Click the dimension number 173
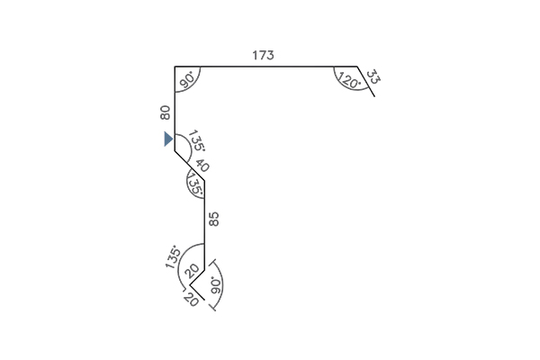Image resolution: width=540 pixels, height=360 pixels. (x=263, y=55)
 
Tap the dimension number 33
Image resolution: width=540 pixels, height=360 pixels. (x=373, y=76)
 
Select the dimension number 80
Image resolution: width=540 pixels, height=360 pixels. (x=165, y=112)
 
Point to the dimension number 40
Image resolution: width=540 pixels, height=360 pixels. (x=202, y=166)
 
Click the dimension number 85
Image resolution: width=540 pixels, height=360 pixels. (x=214, y=219)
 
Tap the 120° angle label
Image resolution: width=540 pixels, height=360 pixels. (x=350, y=80)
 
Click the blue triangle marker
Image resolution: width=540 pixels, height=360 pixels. (x=168, y=139)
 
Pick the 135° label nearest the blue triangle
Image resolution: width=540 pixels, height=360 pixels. (x=197, y=140)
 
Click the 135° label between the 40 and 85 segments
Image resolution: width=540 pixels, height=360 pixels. (x=195, y=184)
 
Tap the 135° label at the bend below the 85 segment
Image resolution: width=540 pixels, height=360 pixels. (x=173, y=256)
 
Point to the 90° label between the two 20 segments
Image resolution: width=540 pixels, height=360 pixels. (x=216, y=285)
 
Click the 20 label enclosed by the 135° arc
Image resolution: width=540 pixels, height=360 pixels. (x=193, y=271)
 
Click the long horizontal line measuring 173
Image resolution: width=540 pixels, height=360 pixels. (x=265, y=66)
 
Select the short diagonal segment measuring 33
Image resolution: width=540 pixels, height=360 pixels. (x=365, y=81)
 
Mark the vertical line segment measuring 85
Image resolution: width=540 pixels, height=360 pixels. (x=204, y=225)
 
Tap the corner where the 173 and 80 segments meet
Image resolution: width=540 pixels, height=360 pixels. (x=175, y=66)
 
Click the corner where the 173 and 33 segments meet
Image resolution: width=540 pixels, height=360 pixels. (x=357, y=66)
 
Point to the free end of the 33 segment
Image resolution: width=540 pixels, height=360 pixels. (x=374, y=96)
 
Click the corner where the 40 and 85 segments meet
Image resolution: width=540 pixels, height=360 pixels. (x=204, y=180)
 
